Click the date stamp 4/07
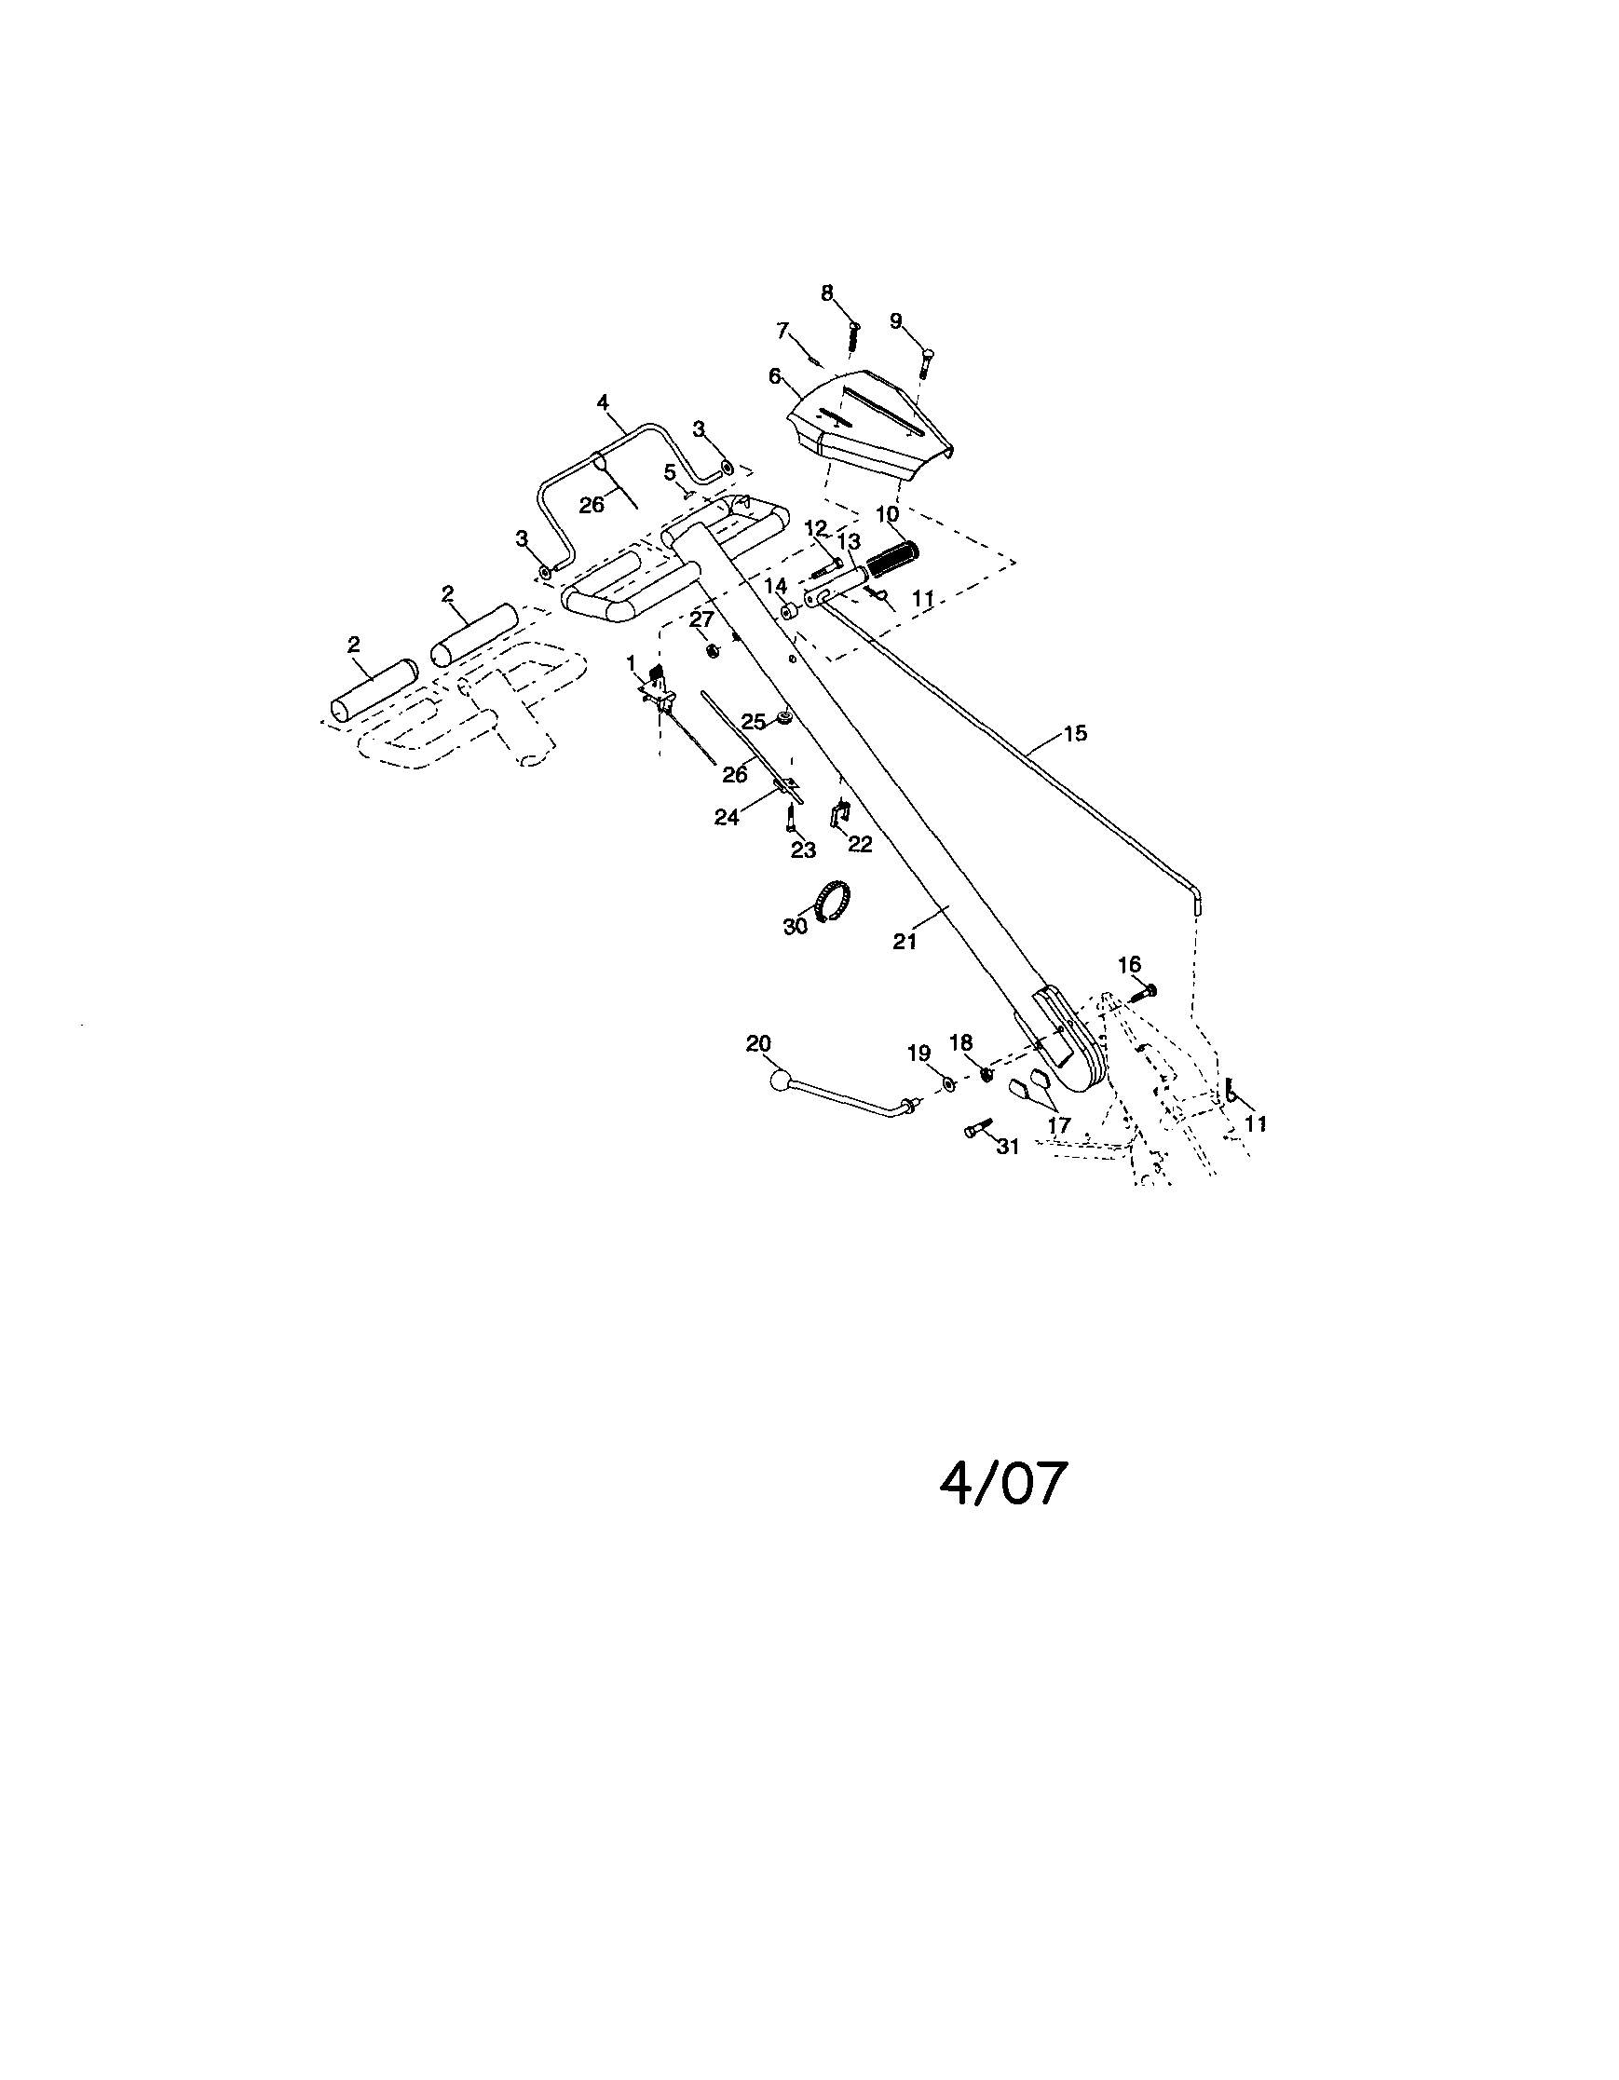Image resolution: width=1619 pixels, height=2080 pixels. [1004, 1483]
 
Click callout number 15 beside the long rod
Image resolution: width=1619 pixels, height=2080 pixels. [1075, 733]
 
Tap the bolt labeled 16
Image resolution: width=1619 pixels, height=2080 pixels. [1145, 991]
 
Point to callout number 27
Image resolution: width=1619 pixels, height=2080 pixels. [701, 619]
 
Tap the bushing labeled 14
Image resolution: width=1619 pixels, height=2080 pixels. [791, 609]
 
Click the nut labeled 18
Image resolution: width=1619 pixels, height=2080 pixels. [987, 1074]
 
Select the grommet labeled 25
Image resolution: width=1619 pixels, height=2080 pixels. [784, 716]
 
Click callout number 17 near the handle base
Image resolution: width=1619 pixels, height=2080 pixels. [1059, 1124]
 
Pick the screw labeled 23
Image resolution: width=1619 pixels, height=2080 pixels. [792, 816]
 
